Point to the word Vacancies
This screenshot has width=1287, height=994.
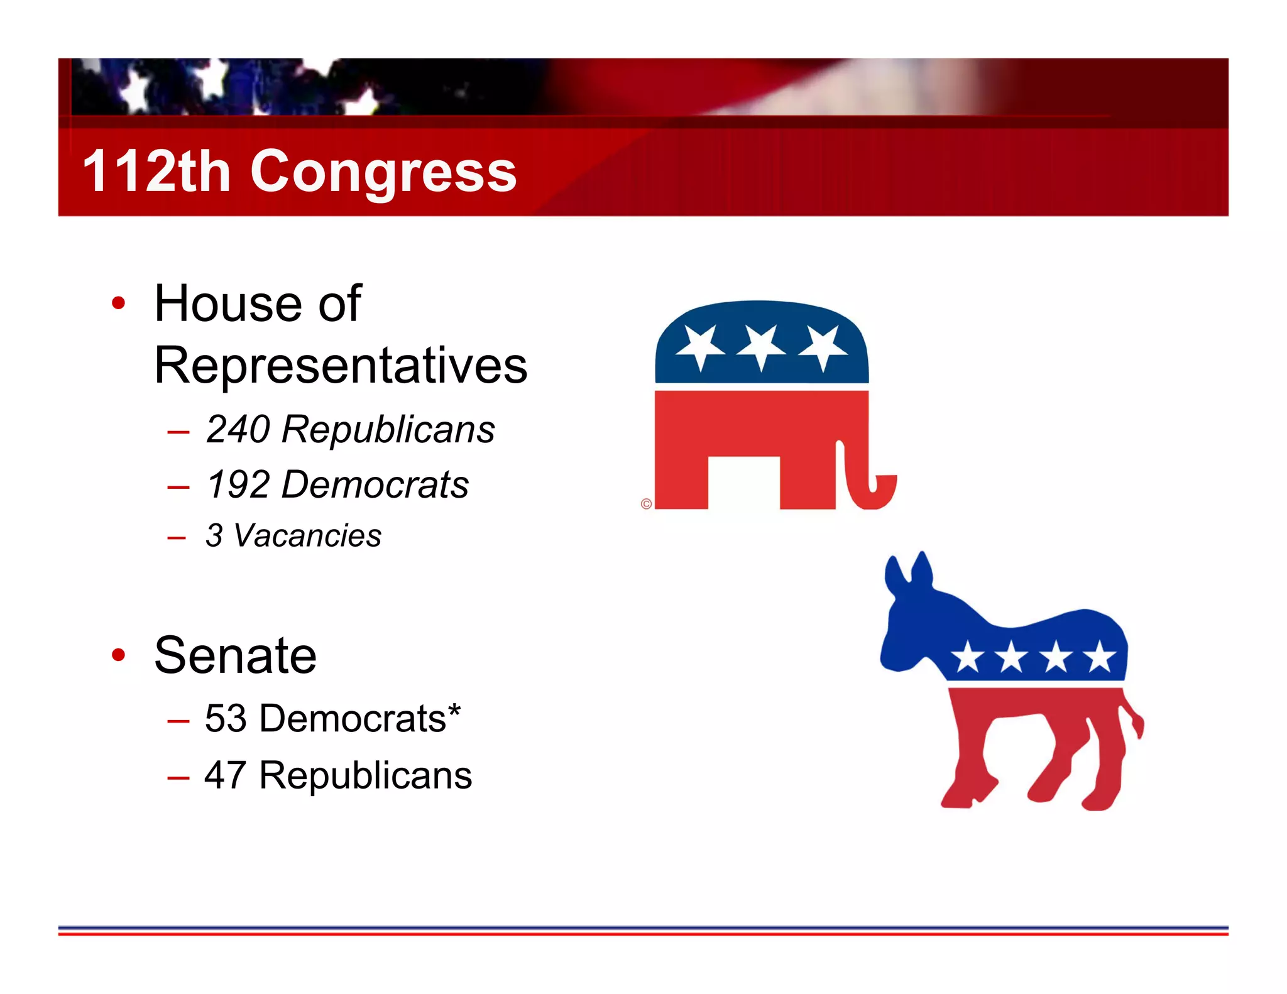(x=307, y=536)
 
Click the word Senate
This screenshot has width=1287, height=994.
(x=235, y=655)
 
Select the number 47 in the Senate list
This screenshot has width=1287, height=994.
(x=225, y=775)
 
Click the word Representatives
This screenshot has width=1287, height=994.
(x=340, y=365)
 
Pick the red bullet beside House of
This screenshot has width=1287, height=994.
(x=118, y=303)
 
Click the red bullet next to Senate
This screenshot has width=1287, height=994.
(x=118, y=655)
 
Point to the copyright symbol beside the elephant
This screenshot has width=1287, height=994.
(x=646, y=504)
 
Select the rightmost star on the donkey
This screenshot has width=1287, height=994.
(x=1100, y=657)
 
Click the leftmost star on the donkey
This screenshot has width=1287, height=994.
(x=967, y=657)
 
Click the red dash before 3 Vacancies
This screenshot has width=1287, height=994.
(x=177, y=538)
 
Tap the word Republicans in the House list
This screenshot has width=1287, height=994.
(x=388, y=430)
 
